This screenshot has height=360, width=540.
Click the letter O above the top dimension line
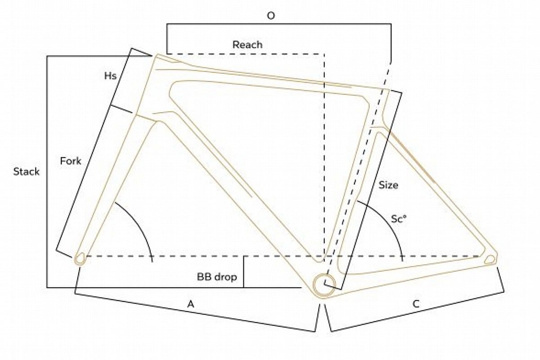271,16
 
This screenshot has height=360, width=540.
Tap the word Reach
247,45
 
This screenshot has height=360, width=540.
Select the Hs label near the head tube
110,76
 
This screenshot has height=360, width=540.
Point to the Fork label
71,161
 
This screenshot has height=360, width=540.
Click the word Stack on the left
26,172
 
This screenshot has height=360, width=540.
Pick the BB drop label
217,277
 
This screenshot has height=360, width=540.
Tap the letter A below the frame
191,304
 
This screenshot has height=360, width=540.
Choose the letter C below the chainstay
416,304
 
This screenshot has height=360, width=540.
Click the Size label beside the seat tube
388,185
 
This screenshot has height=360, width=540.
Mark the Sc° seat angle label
399,219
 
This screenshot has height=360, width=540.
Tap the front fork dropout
80,259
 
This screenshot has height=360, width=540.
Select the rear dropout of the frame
490,260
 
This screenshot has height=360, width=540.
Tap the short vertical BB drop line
243,272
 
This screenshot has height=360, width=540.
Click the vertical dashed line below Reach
324,157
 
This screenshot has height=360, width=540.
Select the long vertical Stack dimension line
47,172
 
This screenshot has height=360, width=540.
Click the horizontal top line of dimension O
279,24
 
